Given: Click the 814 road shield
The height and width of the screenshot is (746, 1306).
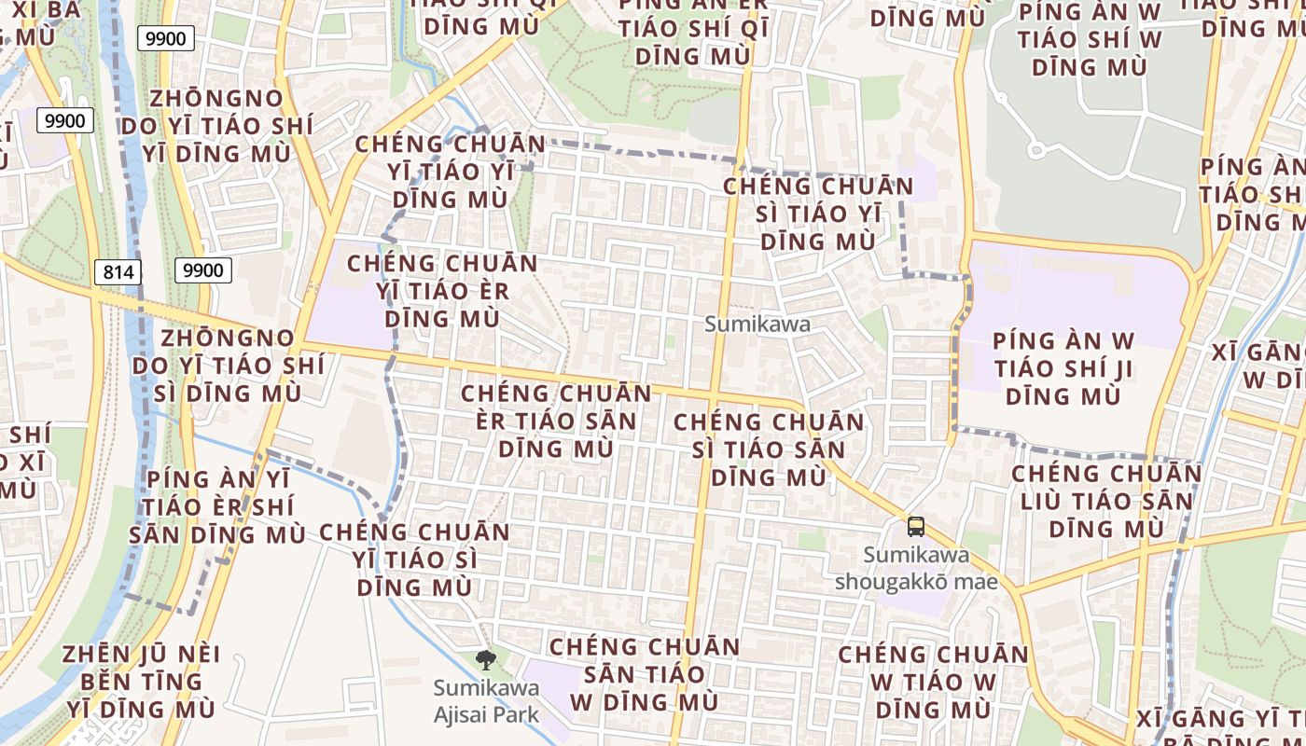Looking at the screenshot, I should pyautogui.click(x=118, y=272).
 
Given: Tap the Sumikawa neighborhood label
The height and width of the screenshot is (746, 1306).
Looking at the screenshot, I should pyautogui.click(x=757, y=325).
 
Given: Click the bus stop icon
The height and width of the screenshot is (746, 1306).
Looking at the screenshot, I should pyautogui.click(x=916, y=527).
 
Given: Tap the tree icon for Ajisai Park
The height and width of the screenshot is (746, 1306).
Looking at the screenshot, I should pyautogui.click(x=485, y=661).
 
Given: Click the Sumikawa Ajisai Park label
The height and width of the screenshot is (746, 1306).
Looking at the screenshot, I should pyautogui.click(x=486, y=702).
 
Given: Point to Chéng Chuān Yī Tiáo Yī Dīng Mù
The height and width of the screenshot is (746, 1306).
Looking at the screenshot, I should pyautogui.click(x=451, y=173).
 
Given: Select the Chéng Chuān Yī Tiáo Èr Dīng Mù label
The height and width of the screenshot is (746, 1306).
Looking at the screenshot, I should pyautogui.click(x=442, y=291).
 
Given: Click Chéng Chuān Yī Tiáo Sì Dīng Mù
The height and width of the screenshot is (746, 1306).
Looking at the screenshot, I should pyautogui.click(x=415, y=560).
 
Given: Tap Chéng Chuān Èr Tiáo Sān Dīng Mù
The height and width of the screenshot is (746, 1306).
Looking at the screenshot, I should pyautogui.click(x=556, y=421).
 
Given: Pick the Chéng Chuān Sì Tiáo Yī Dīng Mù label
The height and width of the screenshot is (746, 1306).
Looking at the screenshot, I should pyautogui.click(x=819, y=214).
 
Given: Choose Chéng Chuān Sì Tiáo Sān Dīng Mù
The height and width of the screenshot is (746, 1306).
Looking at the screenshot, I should pyautogui.click(x=769, y=449).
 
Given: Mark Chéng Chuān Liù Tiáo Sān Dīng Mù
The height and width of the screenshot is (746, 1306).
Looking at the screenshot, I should pyautogui.click(x=1106, y=501).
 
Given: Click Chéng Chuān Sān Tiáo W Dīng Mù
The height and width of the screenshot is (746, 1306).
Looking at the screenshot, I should pyautogui.click(x=645, y=674).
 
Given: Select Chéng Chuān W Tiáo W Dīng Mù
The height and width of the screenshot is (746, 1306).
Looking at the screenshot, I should pyautogui.click(x=933, y=682).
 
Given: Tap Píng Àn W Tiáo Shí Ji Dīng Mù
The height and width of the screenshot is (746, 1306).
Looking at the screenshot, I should pyautogui.click(x=1063, y=368).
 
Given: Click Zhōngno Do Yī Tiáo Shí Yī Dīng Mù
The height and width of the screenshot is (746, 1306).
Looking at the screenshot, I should pyautogui.click(x=215, y=126).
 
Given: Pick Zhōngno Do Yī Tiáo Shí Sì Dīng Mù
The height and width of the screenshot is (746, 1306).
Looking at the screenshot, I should pyautogui.click(x=229, y=365).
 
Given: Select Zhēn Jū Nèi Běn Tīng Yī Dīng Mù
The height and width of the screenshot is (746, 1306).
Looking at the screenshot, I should pyautogui.click(x=141, y=682).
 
